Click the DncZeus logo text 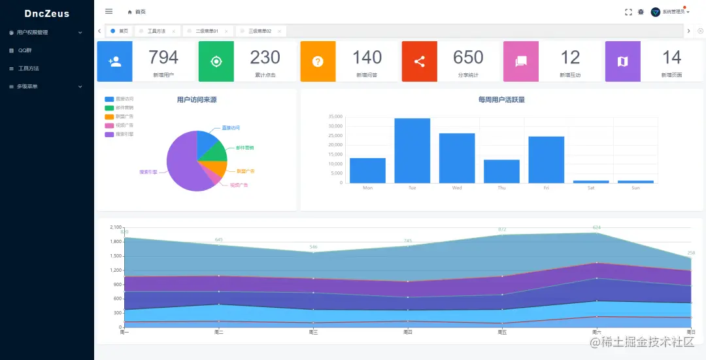pyautogui.click(x=46, y=13)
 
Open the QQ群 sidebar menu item pyautogui.click(x=25, y=50)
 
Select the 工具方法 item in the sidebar pyautogui.click(x=29, y=69)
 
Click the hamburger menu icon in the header pyautogui.click(x=109, y=11)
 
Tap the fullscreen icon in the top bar pyautogui.click(x=628, y=12)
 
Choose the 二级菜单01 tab pyautogui.click(x=207, y=31)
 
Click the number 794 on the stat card pyautogui.click(x=163, y=57)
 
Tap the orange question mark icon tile pyautogui.click(x=318, y=61)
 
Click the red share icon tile pyautogui.click(x=420, y=61)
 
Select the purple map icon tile pyautogui.click(x=622, y=61)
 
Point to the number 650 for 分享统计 pyautogui.click(x=468, y=57)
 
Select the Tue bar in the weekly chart pyautogui.click(x=412, y=150)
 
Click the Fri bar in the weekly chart pyautogui.click(x=546, y=159)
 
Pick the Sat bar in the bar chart pyautogui.click(x=591, y=182)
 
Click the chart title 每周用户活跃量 pyautogui.click(x=501, y=100)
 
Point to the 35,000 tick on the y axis pyautogui.click(x=335, y=116)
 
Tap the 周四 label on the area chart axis pyautogui.click(x=408, y=333)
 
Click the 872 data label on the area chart pyautogui.click(x=502, y=229)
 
